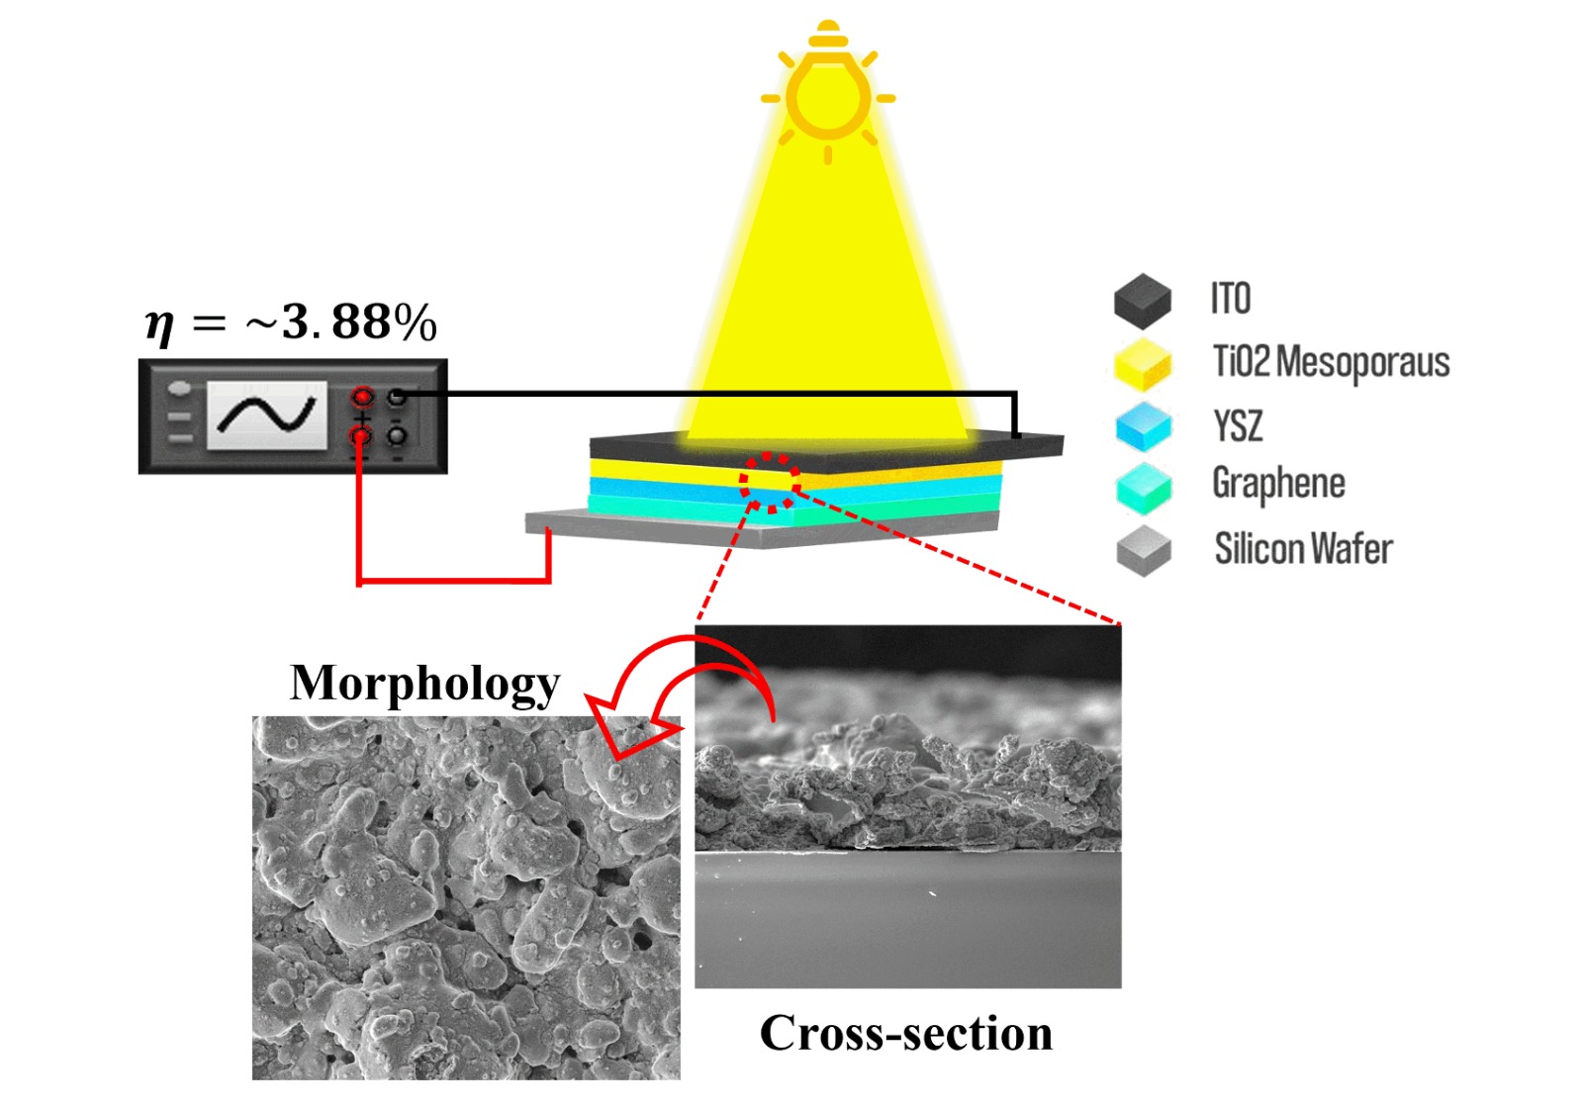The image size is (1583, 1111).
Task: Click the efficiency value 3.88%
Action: (358, 322)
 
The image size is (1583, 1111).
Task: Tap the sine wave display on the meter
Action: (267, 415)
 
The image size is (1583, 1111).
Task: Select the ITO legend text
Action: (1231, 299)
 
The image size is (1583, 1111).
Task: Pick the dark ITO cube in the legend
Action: (1143, 301)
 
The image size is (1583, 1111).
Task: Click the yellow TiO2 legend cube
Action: (1143, 363)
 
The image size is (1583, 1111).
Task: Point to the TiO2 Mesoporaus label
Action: (1331, 362)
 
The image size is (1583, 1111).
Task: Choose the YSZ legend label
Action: (1238, 425)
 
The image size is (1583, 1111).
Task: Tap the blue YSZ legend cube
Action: (1143, 426)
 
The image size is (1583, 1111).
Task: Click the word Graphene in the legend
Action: (1278, 484)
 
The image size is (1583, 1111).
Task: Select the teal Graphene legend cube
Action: (1143, 488)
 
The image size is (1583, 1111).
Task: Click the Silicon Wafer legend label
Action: (1303, 548)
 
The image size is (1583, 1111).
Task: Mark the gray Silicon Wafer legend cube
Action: (1143, 551)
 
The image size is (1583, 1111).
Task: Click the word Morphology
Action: (424, 683)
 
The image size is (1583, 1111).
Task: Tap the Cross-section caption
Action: (905, 1033)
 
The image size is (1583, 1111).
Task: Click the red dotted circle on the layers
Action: (769, 483)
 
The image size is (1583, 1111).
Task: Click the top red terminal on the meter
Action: (362, 398)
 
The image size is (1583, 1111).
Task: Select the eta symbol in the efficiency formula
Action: (159, 324)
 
